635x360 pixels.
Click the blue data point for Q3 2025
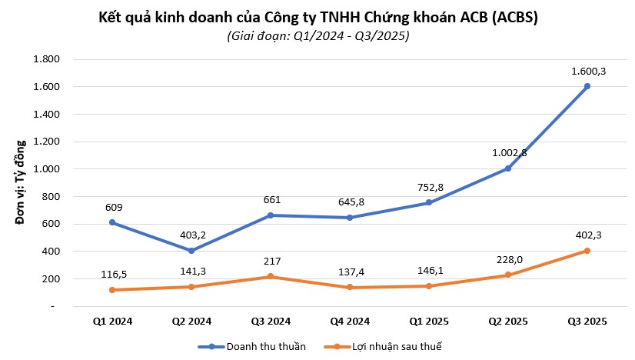[587, 86]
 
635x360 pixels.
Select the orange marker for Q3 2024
[270, 276]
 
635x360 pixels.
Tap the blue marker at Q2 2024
[191, 251]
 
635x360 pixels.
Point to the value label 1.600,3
[587, 71]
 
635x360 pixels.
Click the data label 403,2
[191, 235]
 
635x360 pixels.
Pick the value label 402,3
[587, 235]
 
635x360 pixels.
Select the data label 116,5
[111, 273]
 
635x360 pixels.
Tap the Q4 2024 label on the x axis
[349, 322]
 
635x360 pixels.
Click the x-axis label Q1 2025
[428, 322]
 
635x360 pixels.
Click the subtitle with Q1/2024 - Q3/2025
[317, 36]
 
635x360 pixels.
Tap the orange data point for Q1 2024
[111, 290]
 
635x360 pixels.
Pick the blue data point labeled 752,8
[428, 202]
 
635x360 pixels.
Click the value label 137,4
[349, 272]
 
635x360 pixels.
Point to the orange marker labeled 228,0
[507, 275]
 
